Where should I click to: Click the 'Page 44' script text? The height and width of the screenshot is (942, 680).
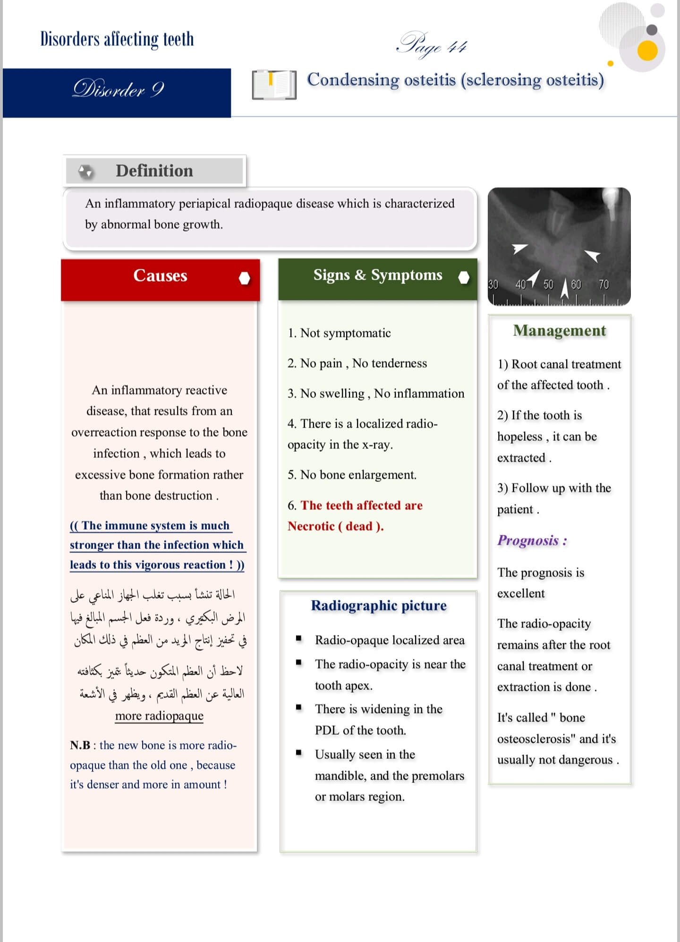pyautogui.click(x=432, y=46)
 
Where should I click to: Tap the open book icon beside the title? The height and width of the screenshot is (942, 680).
pyautogui.click(x=274, y=85)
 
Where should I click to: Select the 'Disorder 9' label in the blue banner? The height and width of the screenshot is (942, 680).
pyautogui.click(x=118, y=89)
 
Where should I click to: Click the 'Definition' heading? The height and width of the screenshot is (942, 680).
pyautogui.click(x=154, y=171)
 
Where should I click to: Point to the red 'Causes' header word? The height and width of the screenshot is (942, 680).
pyautogui.click(x=160, y=275)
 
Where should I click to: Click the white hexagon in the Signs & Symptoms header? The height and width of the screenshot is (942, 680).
pyautogui.click(x=464, y=278)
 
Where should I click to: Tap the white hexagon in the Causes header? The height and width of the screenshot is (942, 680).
pyautogui.click(x=244, y=278)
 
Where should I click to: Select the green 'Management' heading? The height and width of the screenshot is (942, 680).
pyautogui.click(x=560, y=331)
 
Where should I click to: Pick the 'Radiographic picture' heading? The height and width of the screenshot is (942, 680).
pyautogui.click(x=379, y=606)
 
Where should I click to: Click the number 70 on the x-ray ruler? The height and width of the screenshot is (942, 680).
pyautogui.click(x=604, y=284)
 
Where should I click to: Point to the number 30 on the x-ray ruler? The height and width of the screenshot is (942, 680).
pyautogui.click(x=493, y=284)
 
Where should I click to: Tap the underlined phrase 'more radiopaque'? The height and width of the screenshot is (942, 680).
pyautogui.click(x=159, y=716)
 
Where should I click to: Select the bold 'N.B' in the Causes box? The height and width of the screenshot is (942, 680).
pyautogui.click(x=80, y=745)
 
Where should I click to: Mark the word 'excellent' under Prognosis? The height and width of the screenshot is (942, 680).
pyautogui.click(x=521, y=593)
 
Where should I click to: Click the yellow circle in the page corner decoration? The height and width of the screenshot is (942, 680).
pyautogui.click(x=647, y=51)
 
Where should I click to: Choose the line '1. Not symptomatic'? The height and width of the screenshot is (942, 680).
pyautogui.click(x=340, y=333)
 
